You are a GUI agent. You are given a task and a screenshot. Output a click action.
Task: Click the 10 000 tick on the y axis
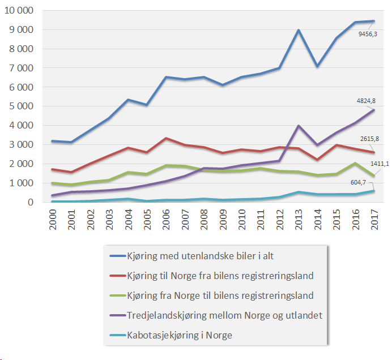pyautogui.click(x=18, y=10)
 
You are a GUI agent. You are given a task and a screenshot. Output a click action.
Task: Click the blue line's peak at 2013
pyautogui.click(x=298, y=30)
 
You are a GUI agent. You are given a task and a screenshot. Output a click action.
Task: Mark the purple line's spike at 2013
pyautogui.click(x=298, y=126)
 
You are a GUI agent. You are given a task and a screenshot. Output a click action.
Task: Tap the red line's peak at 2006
pyautogui.click(x=165, y=138)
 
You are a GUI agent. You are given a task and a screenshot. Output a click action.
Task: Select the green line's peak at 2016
pyautogui.click(x=355, y=163)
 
